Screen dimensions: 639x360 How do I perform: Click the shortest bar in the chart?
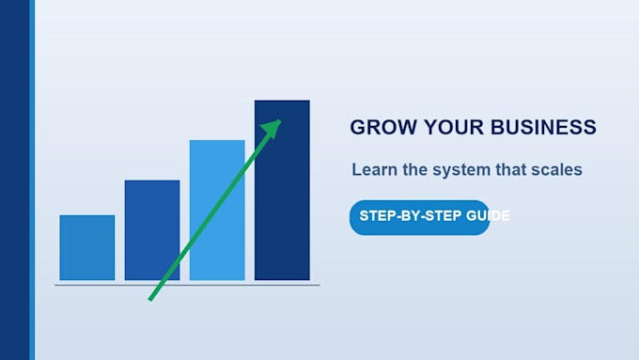click(87, 247)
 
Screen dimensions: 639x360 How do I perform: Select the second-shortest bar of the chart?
click(152, 230)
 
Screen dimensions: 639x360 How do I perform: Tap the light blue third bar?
click(217, 210)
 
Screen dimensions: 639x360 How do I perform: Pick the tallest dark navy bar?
click(282, 190)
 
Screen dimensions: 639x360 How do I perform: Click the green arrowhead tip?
click(281, 120)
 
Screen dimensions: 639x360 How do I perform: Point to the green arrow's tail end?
click(150, 300)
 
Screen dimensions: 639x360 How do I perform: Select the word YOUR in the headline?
click(454, 127)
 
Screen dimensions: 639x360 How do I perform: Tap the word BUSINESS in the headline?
click(543, 127)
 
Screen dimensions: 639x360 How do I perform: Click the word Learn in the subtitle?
click(375, 169)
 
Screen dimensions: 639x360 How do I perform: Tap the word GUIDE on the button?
click(488, 215)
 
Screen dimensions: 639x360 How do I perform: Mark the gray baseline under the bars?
click(187, 285)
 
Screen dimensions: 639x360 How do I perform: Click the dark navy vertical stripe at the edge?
click(15, 180)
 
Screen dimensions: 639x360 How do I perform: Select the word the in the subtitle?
click(414, 169)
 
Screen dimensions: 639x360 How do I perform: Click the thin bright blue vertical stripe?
click(32, 180)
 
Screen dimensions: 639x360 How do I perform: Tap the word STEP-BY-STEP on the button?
click(411, 215)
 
